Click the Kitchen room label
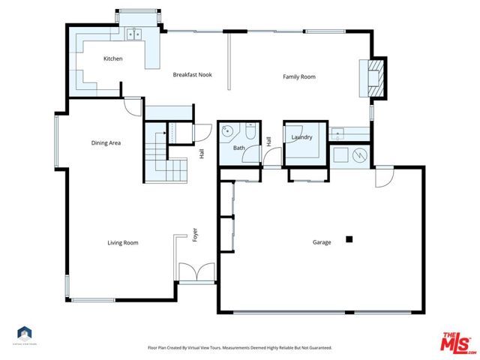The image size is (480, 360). point(112,58)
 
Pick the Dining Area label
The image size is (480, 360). point(106,142)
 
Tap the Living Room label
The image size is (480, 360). point(122,242)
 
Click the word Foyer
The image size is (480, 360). point(194,235)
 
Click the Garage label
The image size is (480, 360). point(322,242)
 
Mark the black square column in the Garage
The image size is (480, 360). point(349,239)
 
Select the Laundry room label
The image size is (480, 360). point(301,137)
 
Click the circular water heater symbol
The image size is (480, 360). point(360,155)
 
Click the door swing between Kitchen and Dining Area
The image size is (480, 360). point(133,107)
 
